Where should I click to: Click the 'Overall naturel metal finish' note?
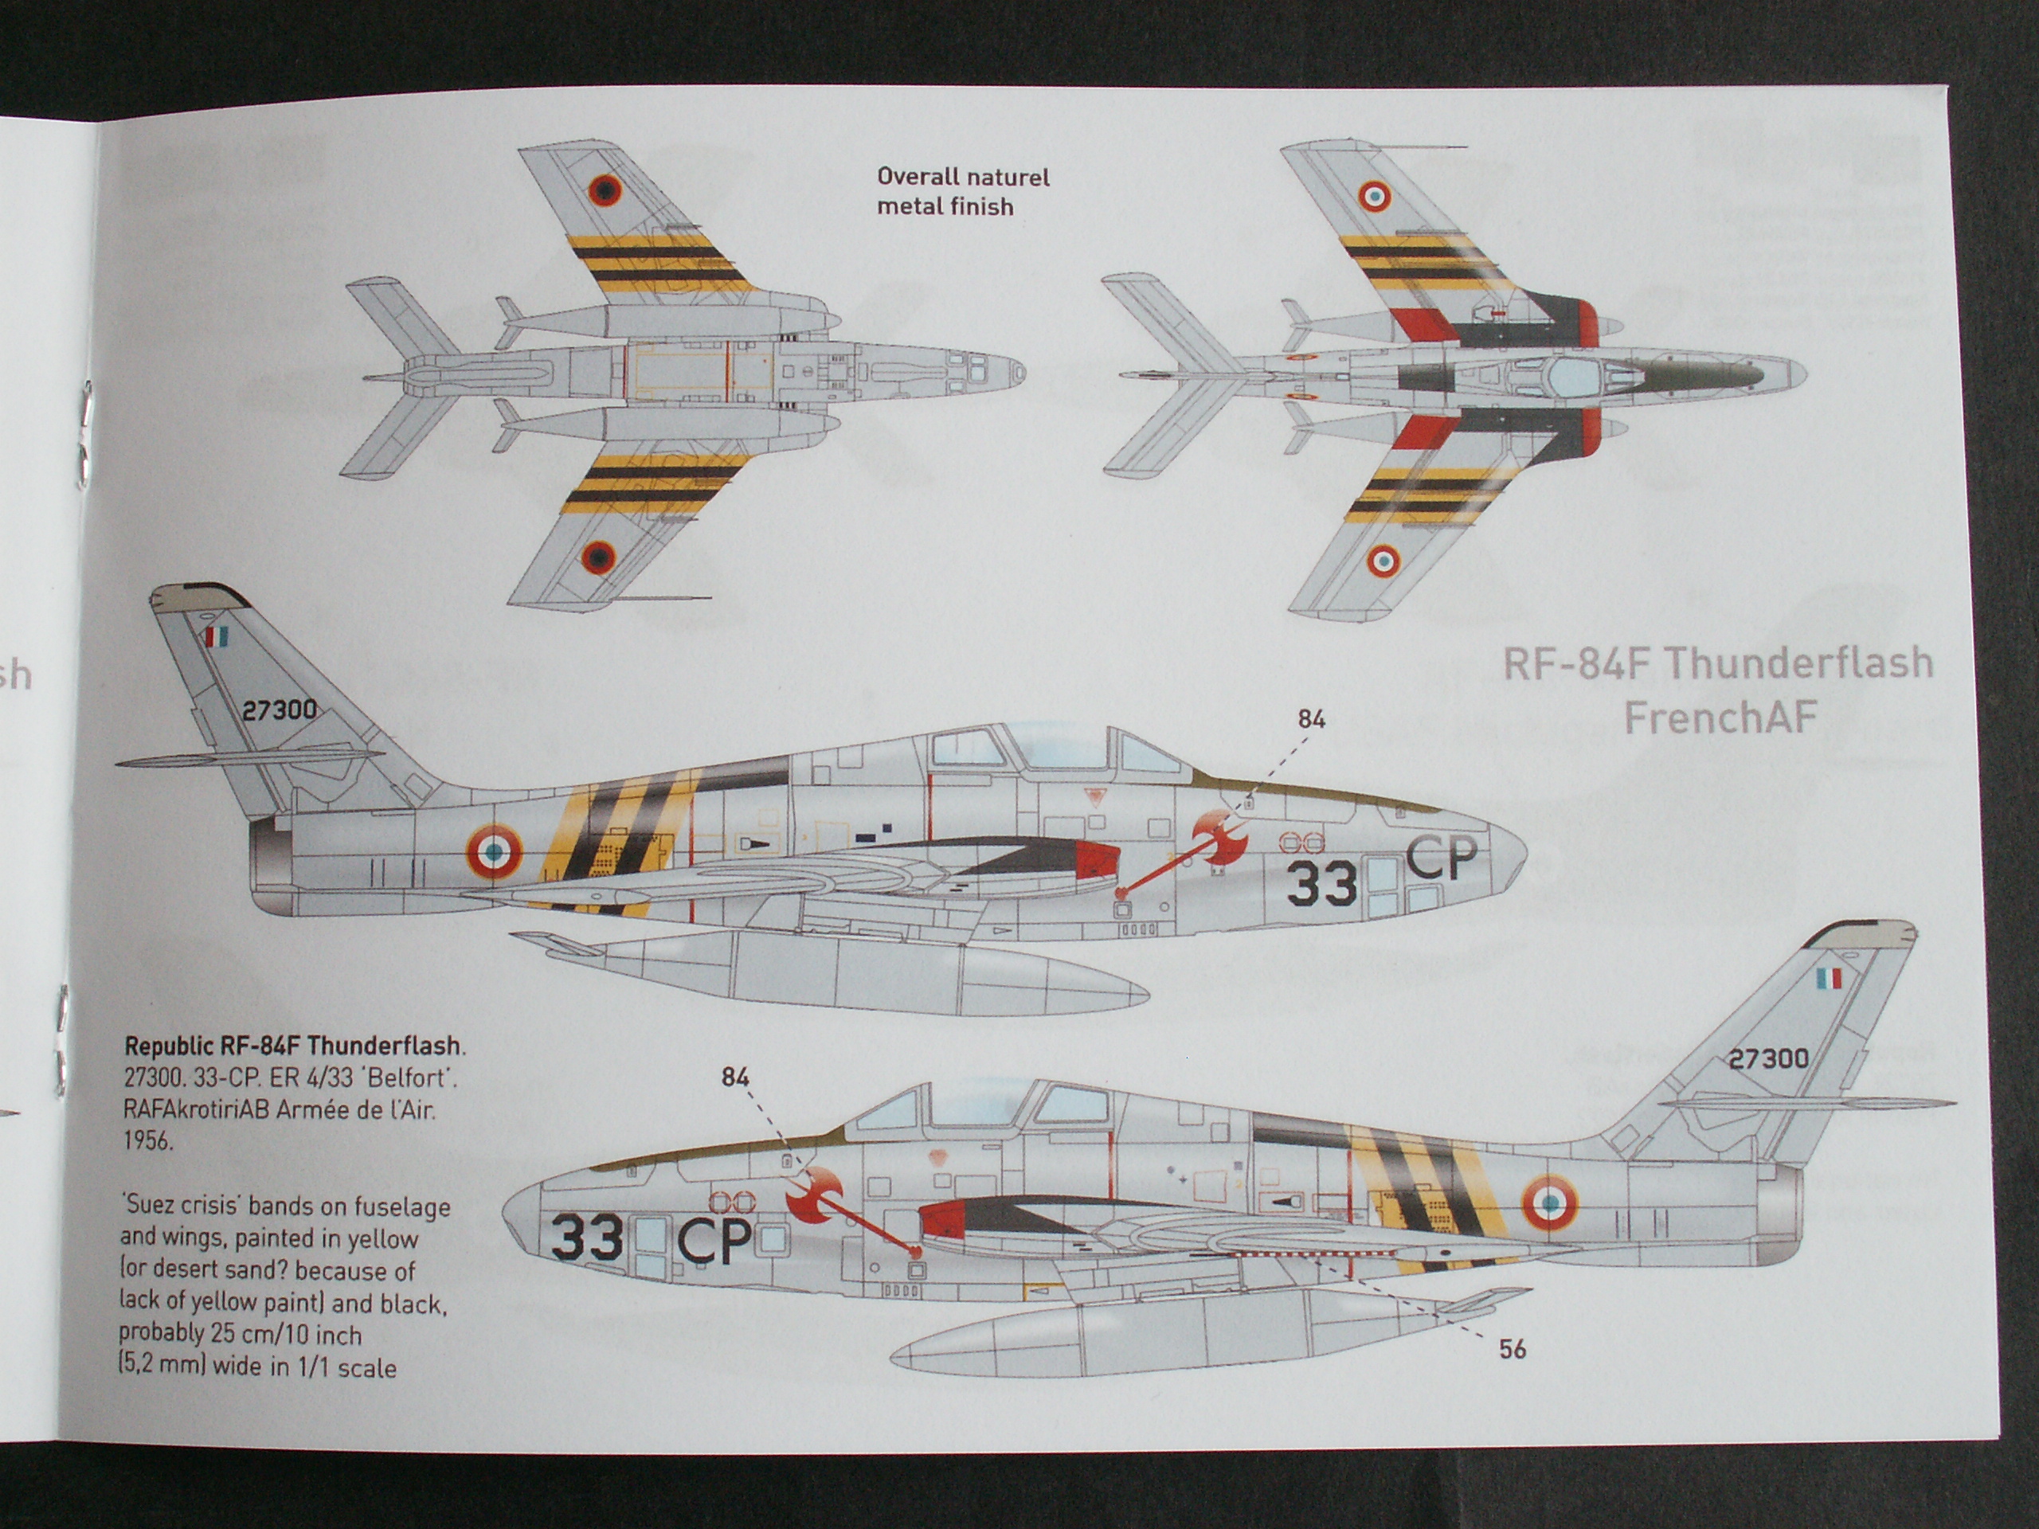(963, 192)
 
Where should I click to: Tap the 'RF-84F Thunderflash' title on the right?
(1717, 663)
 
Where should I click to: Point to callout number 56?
(1513, 1349)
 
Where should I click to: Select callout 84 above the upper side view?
(1312, 719)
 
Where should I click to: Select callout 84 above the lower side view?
(734, 1077)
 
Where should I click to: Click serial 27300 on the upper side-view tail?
(280, 710)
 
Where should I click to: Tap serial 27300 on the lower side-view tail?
(1768, 1058)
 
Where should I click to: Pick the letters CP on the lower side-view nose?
(715, 1242)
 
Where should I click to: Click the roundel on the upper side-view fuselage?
(493, 851)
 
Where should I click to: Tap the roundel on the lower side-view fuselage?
(1548, 1202)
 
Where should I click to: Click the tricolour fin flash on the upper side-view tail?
(216, 636)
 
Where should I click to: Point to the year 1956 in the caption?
(148, 1140)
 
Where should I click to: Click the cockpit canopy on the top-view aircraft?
(1567, 374)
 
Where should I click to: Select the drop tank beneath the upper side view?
(830, 972)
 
